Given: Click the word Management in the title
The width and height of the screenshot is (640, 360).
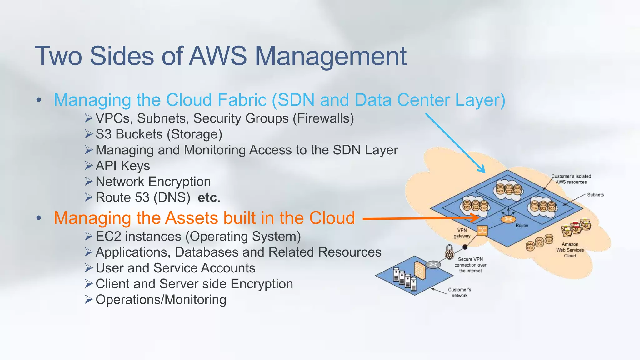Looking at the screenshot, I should [331, 56].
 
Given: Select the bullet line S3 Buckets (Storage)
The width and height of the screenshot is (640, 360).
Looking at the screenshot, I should [159, 134].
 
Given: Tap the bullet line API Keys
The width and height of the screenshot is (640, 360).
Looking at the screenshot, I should [122, 166].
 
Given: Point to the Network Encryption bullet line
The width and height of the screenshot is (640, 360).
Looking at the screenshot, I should [153, 182].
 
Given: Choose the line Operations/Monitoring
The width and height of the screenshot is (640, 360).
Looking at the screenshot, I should [161, 300].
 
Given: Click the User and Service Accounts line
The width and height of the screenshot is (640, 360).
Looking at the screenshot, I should [175, 268].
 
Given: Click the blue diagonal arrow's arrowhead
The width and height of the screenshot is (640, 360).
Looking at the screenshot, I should [482, 169].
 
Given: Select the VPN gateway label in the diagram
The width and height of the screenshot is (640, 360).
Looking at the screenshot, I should [462, 233].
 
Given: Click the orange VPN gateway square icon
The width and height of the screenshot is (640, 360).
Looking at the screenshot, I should [482, 231].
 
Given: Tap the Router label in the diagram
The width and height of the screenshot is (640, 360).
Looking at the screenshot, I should [522, 226].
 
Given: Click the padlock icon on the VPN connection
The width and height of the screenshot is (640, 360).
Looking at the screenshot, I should [449, 252].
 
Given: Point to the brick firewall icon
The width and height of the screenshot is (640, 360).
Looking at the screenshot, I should [419, 270].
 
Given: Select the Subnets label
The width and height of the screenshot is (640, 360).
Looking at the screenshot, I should [595, 195].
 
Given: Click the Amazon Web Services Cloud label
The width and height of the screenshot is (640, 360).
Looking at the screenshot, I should [570, 250].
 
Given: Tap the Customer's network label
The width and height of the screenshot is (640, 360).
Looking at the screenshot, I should [459, 292].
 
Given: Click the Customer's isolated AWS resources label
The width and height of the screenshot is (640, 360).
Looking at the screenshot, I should [571, 179].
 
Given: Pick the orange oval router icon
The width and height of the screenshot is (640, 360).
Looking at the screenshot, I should [508, 220].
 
